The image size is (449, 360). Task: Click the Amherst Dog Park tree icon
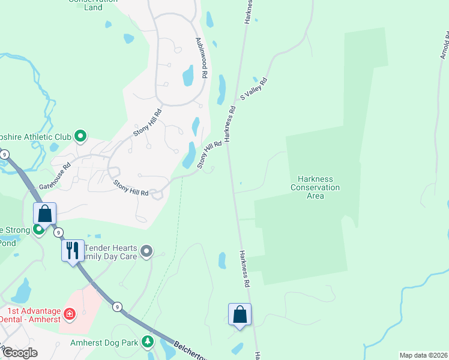coord(148,343)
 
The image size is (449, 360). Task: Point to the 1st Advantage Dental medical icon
coord(70,314)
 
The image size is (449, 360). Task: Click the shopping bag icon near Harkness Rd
coord(240,314)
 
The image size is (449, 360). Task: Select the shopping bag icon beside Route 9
coord(45,213)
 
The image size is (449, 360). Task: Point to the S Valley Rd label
coord(253,88)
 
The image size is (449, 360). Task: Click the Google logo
coord(19,353)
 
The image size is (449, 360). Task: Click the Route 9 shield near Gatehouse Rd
coord(5,155)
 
